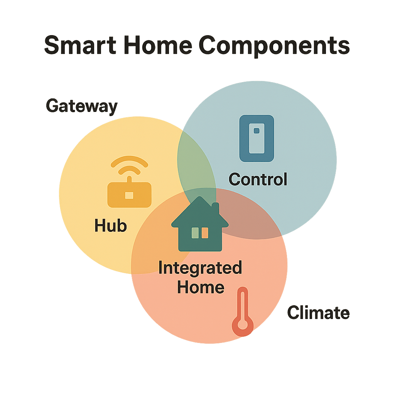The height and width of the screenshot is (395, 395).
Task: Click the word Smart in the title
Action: click(x=79, y=46)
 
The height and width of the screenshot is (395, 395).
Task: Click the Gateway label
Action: click(x=81, y=106)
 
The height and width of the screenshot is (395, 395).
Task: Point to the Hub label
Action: click(x=111, y=226)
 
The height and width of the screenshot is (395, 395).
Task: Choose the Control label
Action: click(x=258, y=179)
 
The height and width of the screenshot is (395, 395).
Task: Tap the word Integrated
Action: click(x=200, y=268)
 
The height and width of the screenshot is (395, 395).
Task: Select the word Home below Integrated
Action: click(x=201, y=287)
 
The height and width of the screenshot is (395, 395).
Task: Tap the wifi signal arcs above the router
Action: click(x=129, y=165)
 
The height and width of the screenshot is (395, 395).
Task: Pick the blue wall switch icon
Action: click(x=257, y=138)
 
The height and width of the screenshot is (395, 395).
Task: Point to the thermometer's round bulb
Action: click(x=243, y=327)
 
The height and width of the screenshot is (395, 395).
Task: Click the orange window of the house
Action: click(x=205, y=233)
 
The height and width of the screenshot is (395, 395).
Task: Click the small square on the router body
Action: click(x=129, y=196)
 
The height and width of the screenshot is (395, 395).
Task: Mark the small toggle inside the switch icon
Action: click(x=256, y=131)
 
